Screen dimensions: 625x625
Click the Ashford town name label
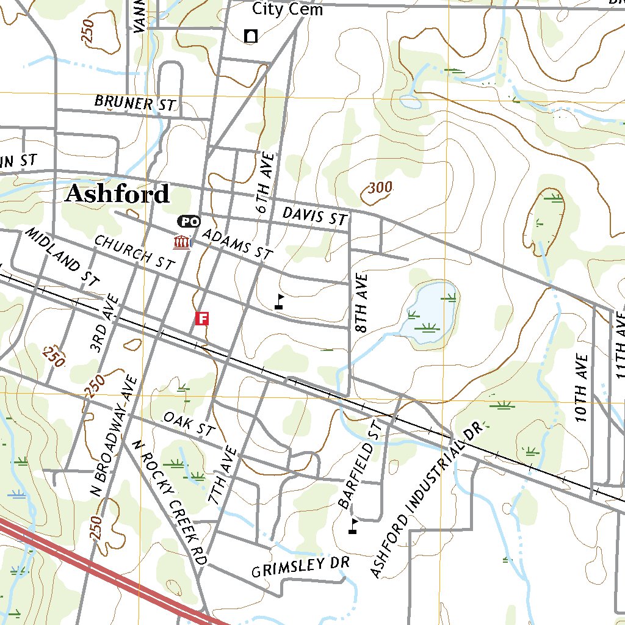(117, 194)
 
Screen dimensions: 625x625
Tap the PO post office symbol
(189, 222)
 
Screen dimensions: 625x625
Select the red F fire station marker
(202, 318)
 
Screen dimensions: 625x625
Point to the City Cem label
(287, 9)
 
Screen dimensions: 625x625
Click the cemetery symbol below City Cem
(250, 36)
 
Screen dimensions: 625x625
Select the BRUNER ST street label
(135, 103)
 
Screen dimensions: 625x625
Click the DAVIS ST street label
(314, 216)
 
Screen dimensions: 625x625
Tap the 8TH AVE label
(363, 303)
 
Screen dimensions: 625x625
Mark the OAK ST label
(189, 424)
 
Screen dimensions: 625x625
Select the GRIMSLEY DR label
(300, 567)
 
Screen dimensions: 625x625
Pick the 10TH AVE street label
(581, 388)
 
